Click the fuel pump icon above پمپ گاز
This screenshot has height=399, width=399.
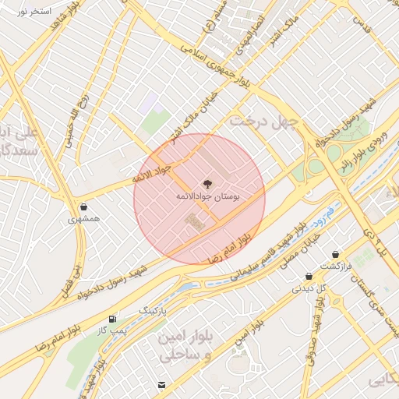coord(114,319)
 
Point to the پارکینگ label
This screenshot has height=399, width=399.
coord(153,309)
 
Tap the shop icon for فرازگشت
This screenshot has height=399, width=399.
coord(335,254)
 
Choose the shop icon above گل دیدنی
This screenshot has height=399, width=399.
coord(309,276)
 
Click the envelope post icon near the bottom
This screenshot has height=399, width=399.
coord(161,385)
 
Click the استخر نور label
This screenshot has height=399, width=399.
coord(34,13)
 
